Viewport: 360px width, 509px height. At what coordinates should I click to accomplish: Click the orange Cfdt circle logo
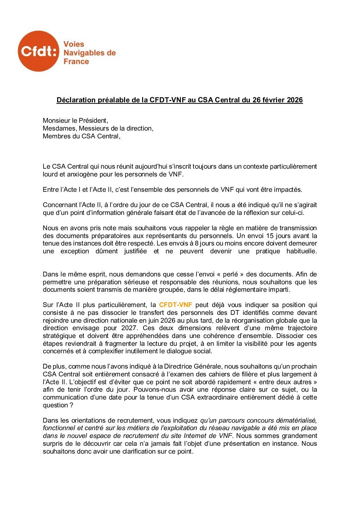click(x=38, y=51)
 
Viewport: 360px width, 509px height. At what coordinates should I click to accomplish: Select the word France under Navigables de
click(x=76, y=62)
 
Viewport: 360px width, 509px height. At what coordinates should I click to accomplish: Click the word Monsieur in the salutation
click(x=55, y=121)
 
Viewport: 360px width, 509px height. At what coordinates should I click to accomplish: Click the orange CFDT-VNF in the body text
click(x=175, y=305)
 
